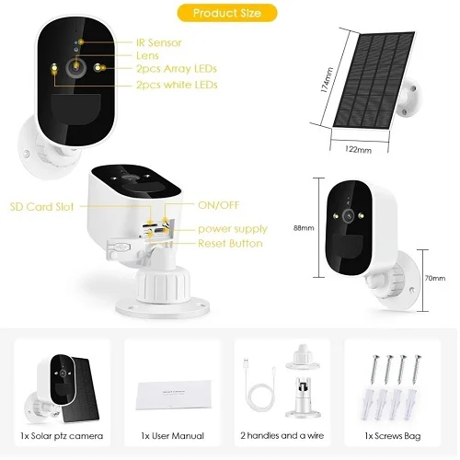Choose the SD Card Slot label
(x=42, y=207)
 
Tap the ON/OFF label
(x=218, y=205)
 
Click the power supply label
(x=233, y=228)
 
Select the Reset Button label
(x=230, y=243)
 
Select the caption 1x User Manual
(x=171, y=433)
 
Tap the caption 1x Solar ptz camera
(x=63, y=433)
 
